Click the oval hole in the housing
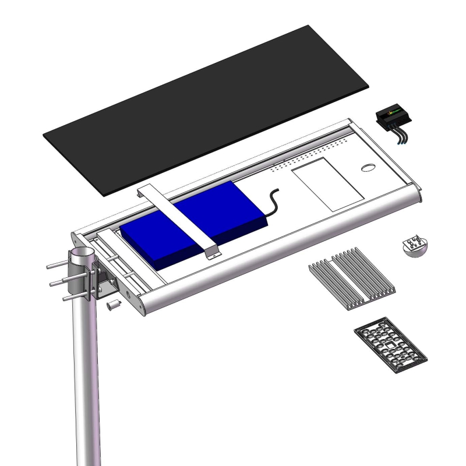369,168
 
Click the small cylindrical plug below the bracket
114,305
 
